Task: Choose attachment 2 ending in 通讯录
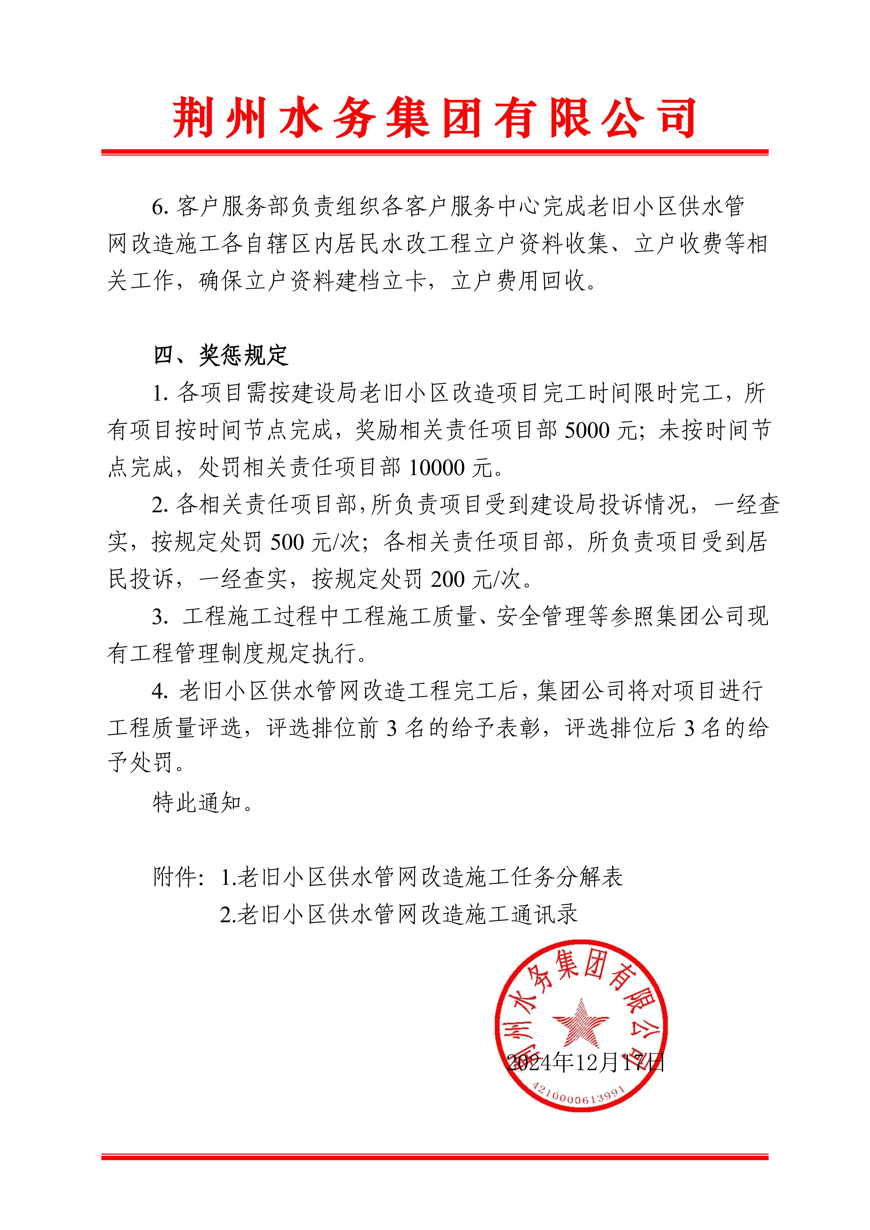click(x=400, y=914)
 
